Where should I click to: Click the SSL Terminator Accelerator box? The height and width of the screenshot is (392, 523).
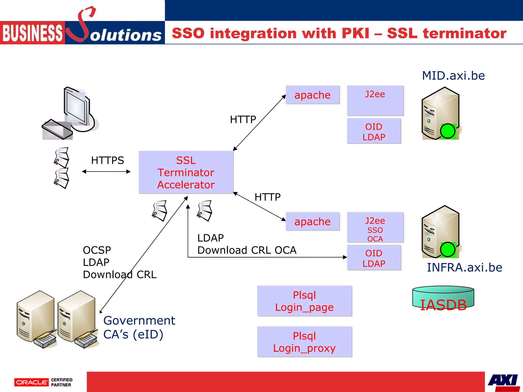(186, 172)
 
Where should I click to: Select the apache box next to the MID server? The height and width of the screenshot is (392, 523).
(312, 95)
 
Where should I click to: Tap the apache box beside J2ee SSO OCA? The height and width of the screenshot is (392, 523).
(312, 222)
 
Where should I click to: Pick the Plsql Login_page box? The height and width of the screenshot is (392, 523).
(304, 301)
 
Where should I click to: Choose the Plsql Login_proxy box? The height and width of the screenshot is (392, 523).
(304, 342)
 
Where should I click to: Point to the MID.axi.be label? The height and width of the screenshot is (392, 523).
(453, 76)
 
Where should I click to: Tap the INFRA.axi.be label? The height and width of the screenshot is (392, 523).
(464, 267)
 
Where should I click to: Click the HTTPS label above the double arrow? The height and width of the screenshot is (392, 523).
(108, 161)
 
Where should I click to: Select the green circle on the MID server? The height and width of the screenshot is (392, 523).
(447, 131)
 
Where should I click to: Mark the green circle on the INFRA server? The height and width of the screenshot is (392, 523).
(447, 250)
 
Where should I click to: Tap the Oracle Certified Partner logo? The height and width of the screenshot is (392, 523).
(43, 382)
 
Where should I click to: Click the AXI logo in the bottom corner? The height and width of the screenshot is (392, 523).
(503, 382)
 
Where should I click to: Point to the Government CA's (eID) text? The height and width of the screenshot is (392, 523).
(139, 327)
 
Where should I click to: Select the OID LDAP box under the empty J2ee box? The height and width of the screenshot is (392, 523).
(374, 132)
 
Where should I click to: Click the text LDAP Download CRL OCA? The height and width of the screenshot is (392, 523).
(246, 244)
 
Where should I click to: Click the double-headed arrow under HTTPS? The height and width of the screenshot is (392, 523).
(106, 172)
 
